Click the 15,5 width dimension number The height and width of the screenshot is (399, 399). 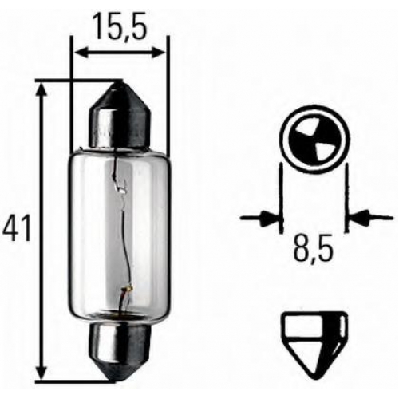tap(120, 26)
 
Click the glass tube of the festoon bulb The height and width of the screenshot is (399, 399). tap(120, 234)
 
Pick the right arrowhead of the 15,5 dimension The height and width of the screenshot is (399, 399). tap(158, 52)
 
